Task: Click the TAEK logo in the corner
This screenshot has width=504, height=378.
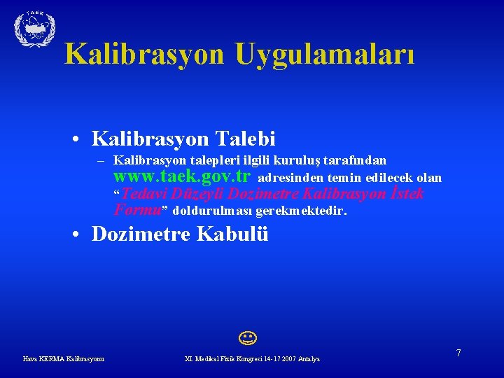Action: [x=34, y=29]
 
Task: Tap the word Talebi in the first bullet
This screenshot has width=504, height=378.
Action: [x=248, y=138]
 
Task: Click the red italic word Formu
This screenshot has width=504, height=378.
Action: [x=137, y=210]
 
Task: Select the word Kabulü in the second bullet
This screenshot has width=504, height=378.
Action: [x=235, y=234]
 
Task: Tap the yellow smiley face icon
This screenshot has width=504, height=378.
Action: [x=246, y=341]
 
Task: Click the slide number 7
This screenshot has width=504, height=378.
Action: [x=458, y=353]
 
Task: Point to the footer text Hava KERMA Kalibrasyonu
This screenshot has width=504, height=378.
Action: [x=64, y=359]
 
